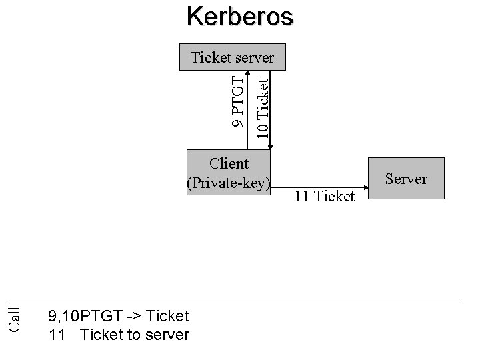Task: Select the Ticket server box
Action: (x=232, y=57)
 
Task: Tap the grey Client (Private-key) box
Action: (x=229, y=173)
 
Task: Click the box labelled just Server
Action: (x=406, y=179)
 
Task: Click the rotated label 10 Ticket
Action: (x=264, y=107)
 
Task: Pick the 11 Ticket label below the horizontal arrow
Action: (x=325, y=196)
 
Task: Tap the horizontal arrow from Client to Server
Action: (x=320, y=181)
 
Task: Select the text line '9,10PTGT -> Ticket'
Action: (x=119, y=315)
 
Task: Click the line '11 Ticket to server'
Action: (x=119, y=334)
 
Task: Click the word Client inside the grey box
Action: (x=229, y=163)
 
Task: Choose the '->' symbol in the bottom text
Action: (x=131, y=315)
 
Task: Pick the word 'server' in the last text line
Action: (x=169, y=334)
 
